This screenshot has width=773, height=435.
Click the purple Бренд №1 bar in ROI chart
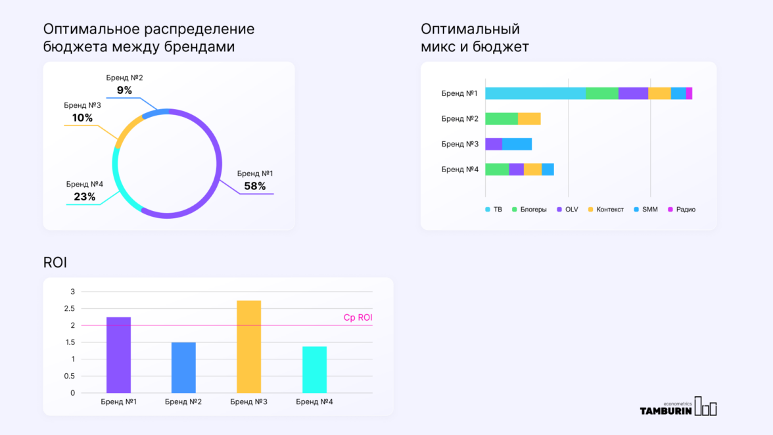click(118, 355)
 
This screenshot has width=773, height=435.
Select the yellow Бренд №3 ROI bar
click(248, 346)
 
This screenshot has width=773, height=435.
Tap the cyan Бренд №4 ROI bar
click(314, 369)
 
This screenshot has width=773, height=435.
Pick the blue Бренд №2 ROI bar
click(183, 367)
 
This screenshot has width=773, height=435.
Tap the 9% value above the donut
click(124, 90)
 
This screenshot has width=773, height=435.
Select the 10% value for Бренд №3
click(82, 118)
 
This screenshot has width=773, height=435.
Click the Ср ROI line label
click(358, 317)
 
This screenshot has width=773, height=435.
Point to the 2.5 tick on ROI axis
click(68, 309)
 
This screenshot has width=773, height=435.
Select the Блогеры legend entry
click(529, 210)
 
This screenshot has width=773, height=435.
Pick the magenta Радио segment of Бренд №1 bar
click(689, 93)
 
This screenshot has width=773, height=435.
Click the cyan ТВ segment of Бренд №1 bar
click(535, 93)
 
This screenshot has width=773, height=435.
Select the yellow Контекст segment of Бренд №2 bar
click(529, 119)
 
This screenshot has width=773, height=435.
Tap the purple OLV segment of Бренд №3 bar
click(494, 144)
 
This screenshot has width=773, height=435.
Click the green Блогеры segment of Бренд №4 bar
click(497, 170)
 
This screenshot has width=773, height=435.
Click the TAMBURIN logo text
click(665, 411)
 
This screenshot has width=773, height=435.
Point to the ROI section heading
click(55, 263)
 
